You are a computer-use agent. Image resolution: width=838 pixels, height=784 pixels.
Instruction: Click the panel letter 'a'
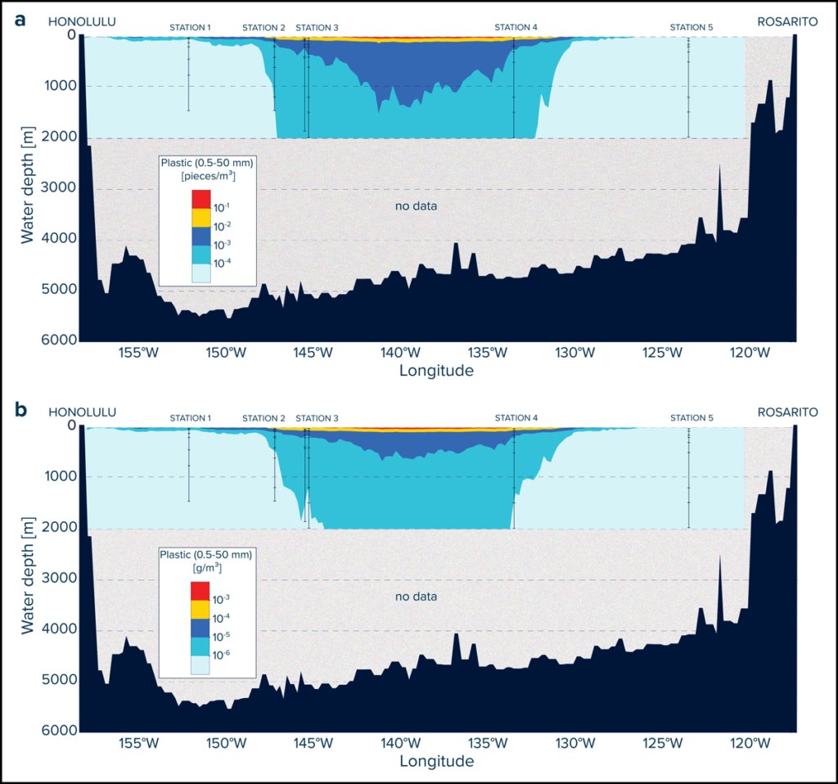[20, 20]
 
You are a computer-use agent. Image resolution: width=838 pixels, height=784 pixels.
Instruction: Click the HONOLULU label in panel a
[82, 22]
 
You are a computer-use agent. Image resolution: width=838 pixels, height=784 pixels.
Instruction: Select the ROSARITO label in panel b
[788, 412]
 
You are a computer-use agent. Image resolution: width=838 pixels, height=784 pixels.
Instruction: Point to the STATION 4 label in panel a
[516, 27]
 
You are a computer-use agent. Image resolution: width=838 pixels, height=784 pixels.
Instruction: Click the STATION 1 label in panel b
[190, 418]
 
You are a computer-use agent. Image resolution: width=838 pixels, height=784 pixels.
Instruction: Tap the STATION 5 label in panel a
[692, 27]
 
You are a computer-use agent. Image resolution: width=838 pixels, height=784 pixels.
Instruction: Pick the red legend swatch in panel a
[201, 200]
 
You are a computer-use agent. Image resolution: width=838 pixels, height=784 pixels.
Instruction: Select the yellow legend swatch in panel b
[200, 610]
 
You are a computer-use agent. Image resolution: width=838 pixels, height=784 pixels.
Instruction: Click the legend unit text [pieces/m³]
[209, 175]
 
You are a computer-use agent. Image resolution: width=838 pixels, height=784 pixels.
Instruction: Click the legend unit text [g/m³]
[207, 567]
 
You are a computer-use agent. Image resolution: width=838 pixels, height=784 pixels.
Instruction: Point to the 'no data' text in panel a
[416, 205]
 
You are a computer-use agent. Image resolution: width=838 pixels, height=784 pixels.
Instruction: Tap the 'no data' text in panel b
[416, 597]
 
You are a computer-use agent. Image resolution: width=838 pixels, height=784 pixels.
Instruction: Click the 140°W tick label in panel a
[400, 353]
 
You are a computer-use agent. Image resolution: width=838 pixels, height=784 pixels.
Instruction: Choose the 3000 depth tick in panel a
[58, 187]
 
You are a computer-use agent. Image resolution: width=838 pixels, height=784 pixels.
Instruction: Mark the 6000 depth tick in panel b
[58, 731]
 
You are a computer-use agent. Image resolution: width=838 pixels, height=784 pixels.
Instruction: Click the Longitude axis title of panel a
[436, 371]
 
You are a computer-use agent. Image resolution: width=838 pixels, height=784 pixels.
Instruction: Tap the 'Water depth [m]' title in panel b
[27, 575]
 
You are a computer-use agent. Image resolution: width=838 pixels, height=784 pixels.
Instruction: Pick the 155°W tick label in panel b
[138, 743]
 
